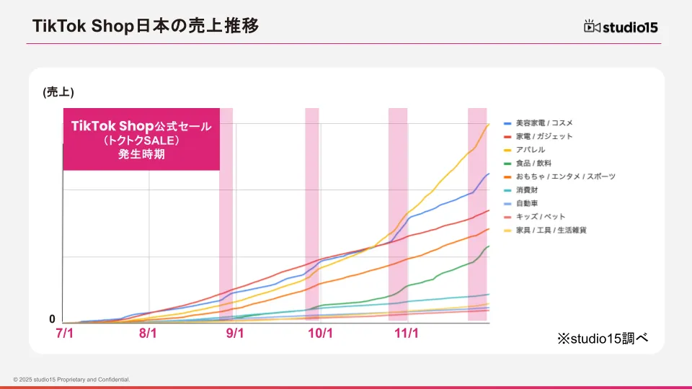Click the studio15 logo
tap(621, 27)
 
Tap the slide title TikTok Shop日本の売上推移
tap(146, 26)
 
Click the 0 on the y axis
tap(52, 319)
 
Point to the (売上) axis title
tap(58, 92)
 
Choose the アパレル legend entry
tap(530, 150)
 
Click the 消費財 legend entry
tap(527, 189)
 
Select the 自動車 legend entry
tap(527, 203)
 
